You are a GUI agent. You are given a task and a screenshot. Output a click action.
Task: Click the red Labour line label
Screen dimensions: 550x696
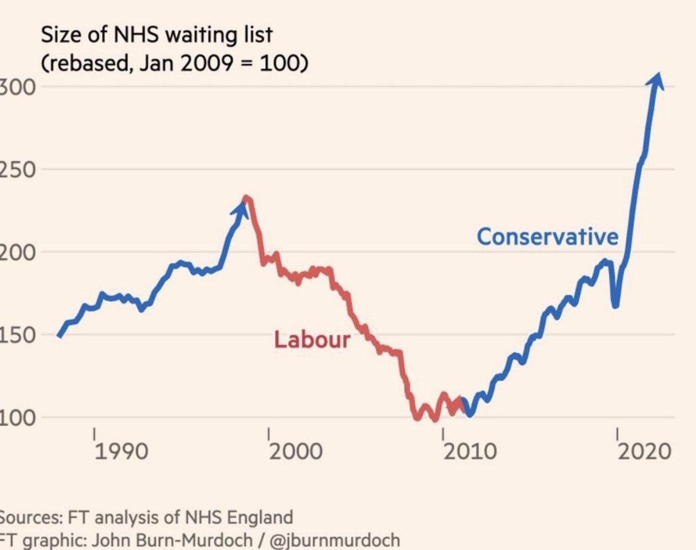pos(312,339)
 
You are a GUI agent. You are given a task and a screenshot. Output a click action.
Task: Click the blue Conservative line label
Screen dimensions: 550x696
pos(548,237)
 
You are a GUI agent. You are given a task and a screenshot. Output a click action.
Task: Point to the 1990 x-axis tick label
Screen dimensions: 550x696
pos(121,452)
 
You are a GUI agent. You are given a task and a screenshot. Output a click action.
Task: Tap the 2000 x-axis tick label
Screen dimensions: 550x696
pos(296,452)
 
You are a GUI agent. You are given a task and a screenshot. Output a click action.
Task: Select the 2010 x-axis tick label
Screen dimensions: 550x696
pos(470,452)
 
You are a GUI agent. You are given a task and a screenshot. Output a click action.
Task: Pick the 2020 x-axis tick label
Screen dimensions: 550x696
pos(643,452)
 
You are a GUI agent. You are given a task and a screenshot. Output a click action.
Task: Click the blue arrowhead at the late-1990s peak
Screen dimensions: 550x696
pos(241,207)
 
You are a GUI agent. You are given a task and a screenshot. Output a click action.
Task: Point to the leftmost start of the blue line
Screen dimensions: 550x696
pos(59,335)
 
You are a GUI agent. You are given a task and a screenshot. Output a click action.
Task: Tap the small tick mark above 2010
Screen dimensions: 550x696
pos(443,433)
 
